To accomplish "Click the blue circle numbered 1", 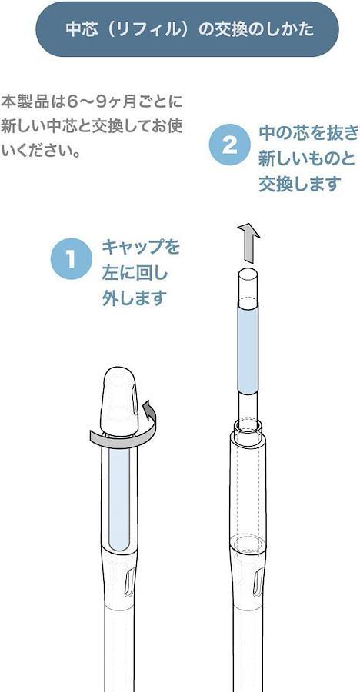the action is [71, 258].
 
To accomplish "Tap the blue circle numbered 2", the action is [230, 145].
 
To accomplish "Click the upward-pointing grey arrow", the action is [248, 243].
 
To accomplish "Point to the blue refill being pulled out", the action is [248, 347].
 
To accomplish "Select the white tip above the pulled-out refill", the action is [248, 284].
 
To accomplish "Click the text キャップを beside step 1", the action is [141, 247].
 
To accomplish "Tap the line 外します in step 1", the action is [135, 298].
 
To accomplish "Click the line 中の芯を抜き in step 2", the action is [308, 133].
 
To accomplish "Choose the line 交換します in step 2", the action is [300, 184].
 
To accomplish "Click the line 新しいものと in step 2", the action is [307, 158].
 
